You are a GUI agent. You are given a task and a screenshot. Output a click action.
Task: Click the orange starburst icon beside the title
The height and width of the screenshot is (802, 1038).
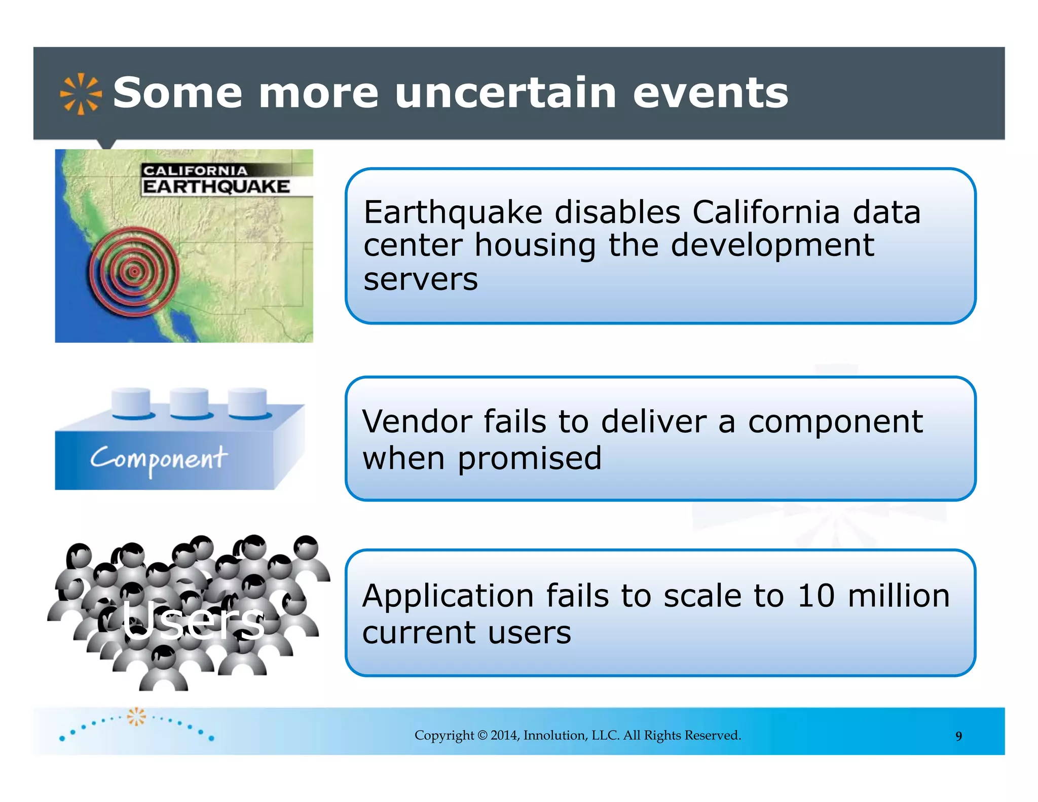81,94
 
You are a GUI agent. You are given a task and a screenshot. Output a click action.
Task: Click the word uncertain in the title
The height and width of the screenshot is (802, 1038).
505,93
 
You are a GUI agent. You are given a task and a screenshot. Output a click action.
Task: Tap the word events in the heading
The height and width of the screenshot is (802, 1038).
711,94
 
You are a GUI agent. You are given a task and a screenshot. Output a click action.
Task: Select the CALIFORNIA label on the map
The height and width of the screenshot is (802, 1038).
195,171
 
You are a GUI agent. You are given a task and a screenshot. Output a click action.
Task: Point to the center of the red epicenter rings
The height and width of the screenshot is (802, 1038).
134,272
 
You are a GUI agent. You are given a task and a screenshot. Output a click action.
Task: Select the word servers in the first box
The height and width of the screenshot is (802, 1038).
420,279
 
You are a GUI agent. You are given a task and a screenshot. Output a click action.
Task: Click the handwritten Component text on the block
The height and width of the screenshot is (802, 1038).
159,459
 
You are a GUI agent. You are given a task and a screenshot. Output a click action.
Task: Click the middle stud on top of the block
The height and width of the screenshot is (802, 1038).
189,403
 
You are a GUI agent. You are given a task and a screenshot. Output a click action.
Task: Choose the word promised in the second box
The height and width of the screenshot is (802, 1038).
530,458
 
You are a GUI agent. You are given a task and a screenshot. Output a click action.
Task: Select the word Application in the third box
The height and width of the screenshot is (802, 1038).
448,596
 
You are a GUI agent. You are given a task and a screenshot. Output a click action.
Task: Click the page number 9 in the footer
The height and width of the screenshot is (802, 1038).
958,736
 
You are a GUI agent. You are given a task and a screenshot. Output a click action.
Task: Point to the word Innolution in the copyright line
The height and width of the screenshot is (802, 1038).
554,735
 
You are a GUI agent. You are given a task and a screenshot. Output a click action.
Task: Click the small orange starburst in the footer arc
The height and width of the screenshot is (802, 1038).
136,716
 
